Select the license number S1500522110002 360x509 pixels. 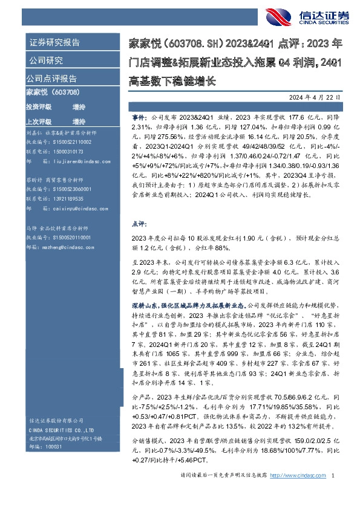[66, 141]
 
